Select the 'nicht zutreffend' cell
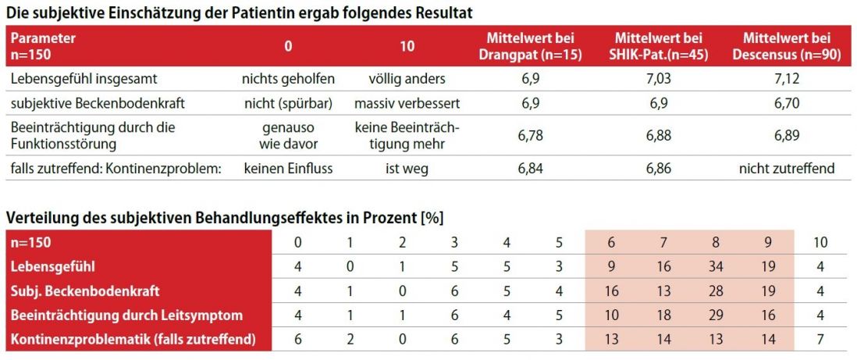click(787, 169)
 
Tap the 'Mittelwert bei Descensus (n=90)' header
click(787, 47)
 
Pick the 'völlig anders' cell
click(407, 80)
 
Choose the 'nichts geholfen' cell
click(288, 80)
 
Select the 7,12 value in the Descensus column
click(787, 80)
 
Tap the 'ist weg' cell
click(407, 169)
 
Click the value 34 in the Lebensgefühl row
click(715, 266)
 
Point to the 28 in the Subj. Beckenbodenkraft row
click(715, 291)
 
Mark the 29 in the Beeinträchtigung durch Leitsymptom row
click(715, 315)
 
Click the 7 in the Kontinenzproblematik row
click(820, 340)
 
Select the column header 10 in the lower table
click(820, 242)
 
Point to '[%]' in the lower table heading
click(432, 216)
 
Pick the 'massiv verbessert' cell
click(407, 102)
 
